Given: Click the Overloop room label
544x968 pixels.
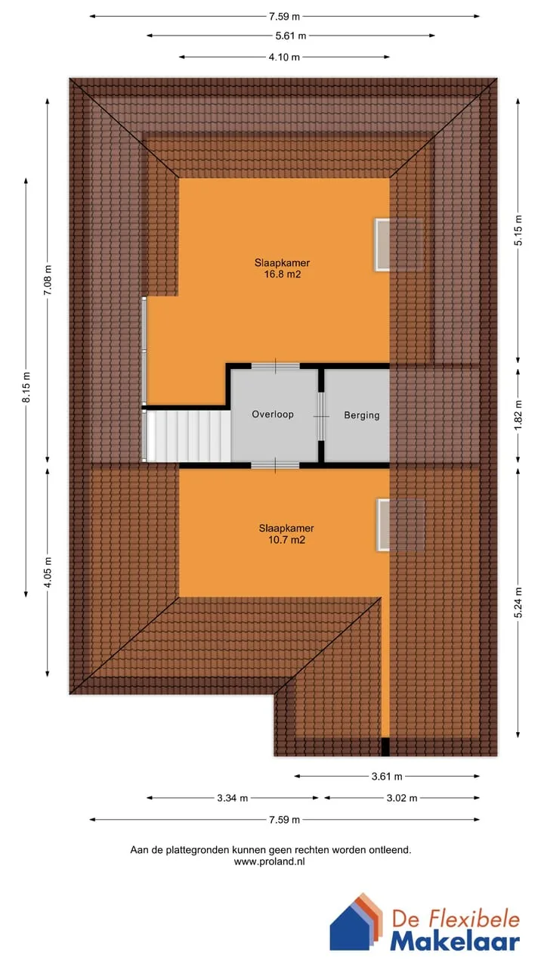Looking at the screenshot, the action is [x=273, y=414].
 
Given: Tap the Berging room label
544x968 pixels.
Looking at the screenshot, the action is [x=362, y=415].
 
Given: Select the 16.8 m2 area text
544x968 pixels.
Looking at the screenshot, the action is [x=283, y=274].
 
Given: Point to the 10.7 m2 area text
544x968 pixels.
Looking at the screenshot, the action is [x=286, y=540].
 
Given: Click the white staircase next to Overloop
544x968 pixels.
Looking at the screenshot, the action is [x=188, y=436].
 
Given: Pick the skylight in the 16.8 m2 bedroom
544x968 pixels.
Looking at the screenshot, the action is [x=382, y=245].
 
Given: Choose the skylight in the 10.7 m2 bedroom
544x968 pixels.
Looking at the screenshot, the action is [x=383, y=525].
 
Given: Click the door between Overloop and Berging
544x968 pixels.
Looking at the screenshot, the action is [x=321, y=416].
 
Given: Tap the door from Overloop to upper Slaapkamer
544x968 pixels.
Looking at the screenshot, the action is [x=276, y=367].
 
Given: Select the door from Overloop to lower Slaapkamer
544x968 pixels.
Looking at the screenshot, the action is [x=275, y=465].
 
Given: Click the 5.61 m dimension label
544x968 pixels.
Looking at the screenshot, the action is [x=291, y=36].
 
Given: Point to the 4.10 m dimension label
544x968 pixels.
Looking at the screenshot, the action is [x=284, y=57].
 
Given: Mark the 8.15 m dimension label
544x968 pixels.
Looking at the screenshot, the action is [x=26, y=386].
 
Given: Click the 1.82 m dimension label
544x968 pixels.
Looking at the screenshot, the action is [x=518, y=415].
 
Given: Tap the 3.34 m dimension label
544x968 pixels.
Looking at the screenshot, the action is [x=232, y=798].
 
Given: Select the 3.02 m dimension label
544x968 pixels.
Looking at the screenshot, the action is [x=402, y=798].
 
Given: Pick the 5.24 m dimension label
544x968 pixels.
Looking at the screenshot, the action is [x=518, y=603].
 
